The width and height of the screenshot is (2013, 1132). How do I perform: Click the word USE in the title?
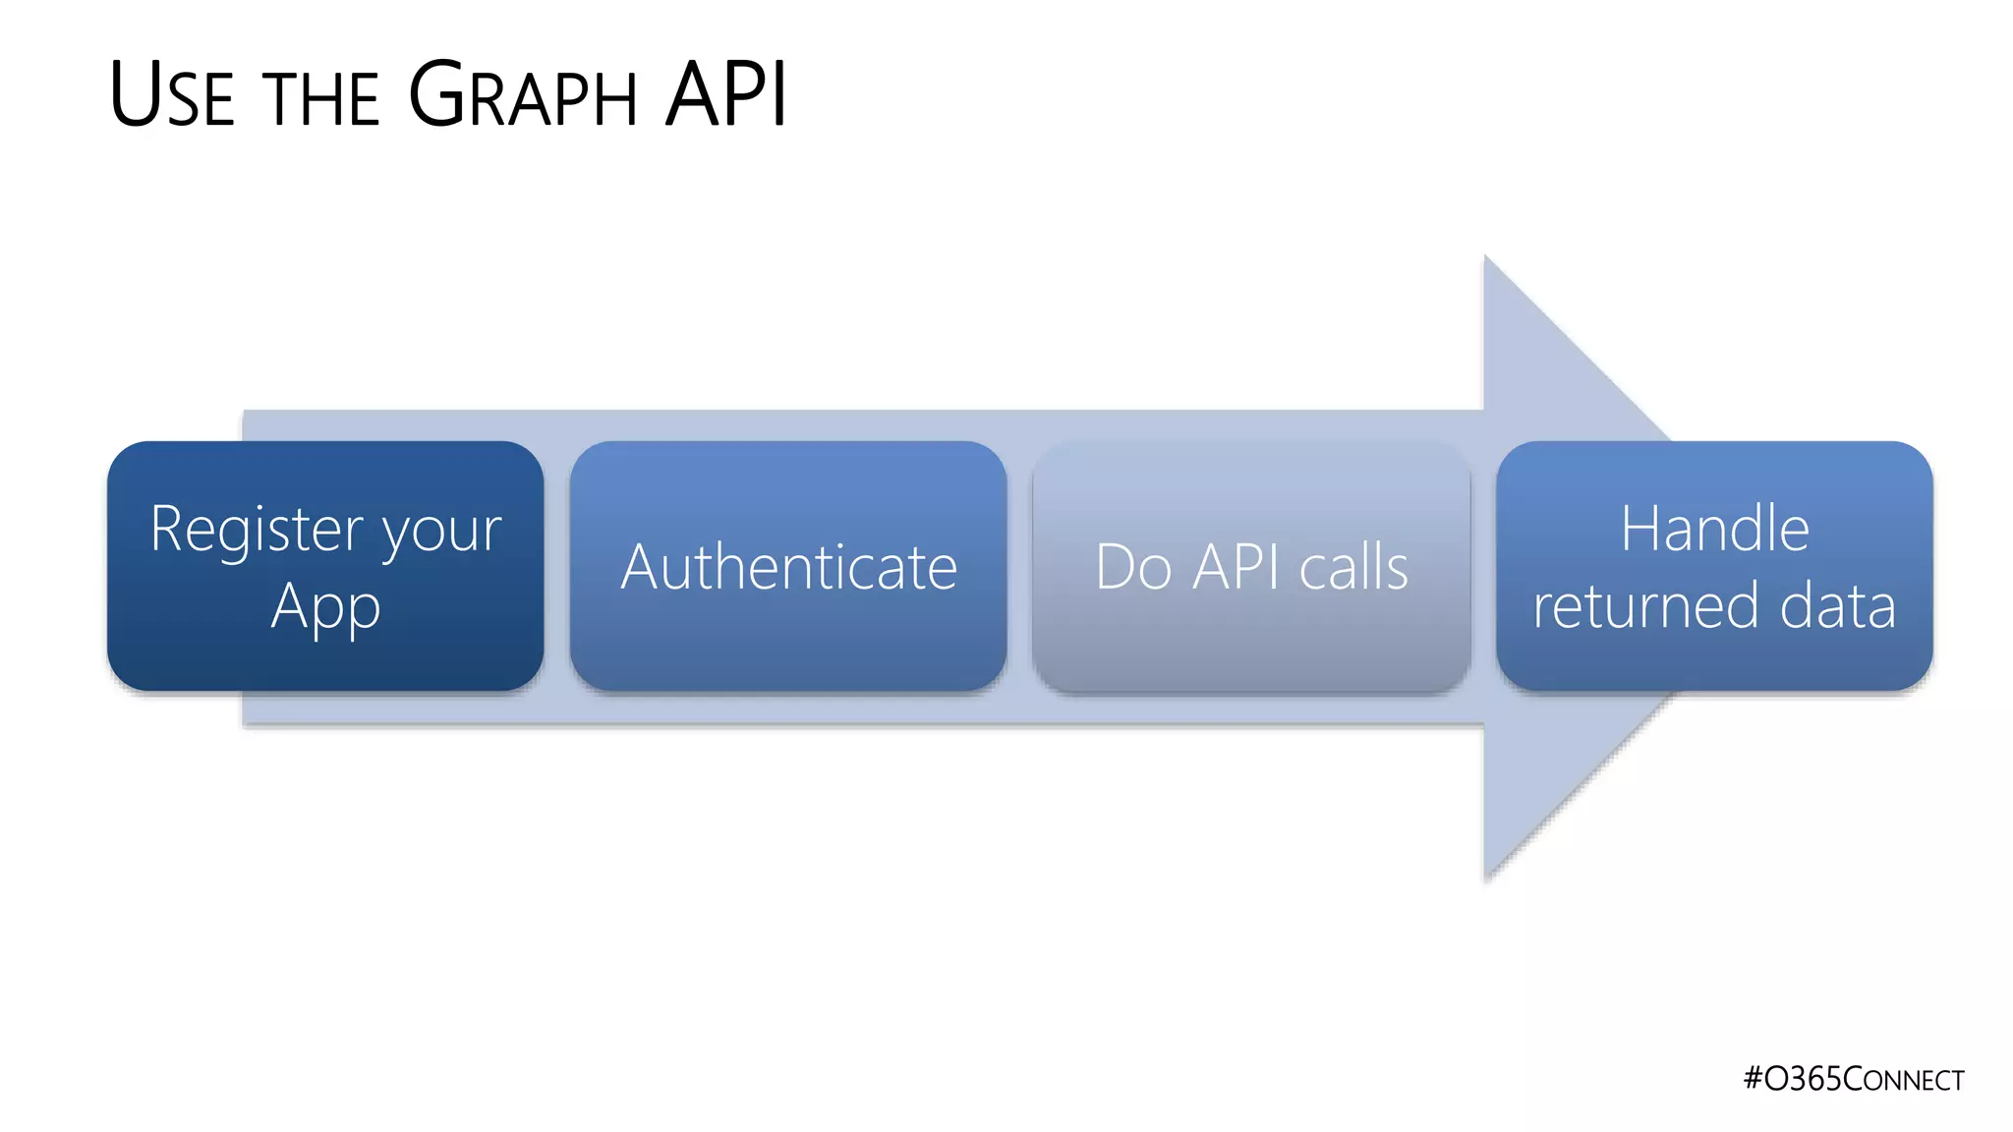(173, 95)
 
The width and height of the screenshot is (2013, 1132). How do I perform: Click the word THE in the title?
(320, 99)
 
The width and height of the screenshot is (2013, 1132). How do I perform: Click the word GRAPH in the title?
(523, 95)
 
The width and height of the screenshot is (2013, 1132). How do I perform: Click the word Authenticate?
(788, 567)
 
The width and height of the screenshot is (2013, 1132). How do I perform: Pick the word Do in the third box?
(1133, 567)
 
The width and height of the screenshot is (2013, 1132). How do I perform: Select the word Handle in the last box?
(1714, 529)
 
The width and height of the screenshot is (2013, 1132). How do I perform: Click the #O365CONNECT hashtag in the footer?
(1853, 1079)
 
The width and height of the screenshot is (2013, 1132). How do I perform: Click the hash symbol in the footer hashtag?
(1753, 1079)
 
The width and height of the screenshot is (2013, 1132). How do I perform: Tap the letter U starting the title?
(135, 95)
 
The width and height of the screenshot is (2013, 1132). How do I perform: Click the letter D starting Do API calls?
(1116, 567)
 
